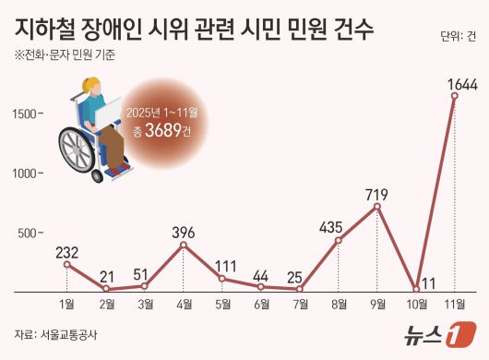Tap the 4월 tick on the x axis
pyautogui.click(x=183, y=304)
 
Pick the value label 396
pyautogui.click(x=183, y=232)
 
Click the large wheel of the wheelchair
pyautogui.click(x=78, y=147)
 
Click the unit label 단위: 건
pyautogui.click(x=459, y=37)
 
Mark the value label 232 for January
pyautogui.click(x=66, y=252)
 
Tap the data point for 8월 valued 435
pyautogui.click(x=338, y=241)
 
